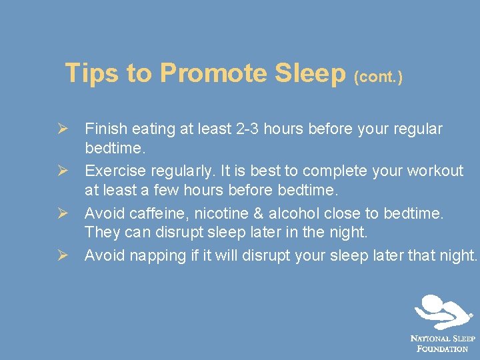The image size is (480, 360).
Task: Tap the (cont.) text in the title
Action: [379, 77]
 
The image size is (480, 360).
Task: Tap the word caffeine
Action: [157, 213]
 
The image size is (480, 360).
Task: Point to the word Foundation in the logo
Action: [443, 349]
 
